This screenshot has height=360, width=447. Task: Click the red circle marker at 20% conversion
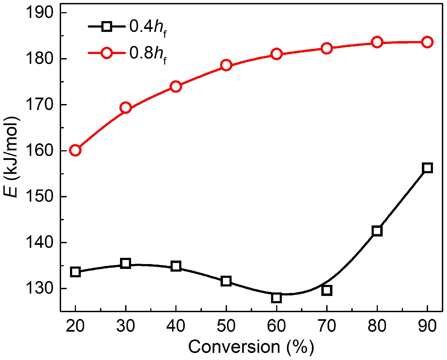coord(75,150)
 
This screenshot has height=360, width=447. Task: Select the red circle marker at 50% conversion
coord(226,65)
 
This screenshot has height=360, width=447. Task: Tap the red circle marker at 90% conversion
coord(427,42)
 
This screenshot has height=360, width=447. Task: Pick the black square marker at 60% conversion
coord(276,298)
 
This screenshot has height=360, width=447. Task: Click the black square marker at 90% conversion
coord(427,168)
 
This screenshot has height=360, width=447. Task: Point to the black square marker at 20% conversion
coord(75,272)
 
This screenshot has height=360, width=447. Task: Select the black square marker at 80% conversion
coord(377,231)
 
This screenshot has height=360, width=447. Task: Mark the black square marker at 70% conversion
coord(327,290)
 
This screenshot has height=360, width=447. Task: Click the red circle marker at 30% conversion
coord(126,108)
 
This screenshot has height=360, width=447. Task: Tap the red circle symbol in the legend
coord(107,53)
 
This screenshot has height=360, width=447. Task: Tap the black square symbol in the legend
coord(107,26)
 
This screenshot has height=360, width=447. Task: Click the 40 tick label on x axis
coord(176,326)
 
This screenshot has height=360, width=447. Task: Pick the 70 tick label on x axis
coord(327,326)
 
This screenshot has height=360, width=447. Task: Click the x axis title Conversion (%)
coord(251,347)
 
